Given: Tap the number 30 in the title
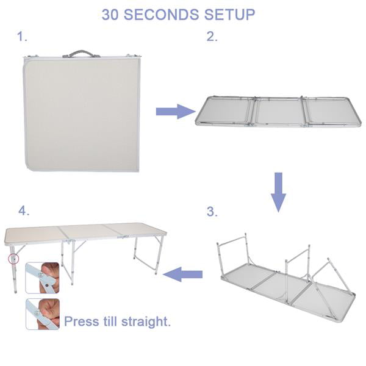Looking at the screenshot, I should [111, 15].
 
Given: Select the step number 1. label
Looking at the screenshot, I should [23, 37].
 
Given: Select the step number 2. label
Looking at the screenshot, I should [212, 37].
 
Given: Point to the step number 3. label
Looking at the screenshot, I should [212, 212].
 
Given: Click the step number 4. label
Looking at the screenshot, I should [24, 211].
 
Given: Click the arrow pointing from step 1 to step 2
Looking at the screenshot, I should [174, 112].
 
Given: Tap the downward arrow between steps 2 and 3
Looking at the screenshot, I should [278, 191].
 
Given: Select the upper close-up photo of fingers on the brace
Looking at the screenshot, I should [42, 278].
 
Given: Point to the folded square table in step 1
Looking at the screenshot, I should [82, 113].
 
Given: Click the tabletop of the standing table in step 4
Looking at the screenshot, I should [85, 232].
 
